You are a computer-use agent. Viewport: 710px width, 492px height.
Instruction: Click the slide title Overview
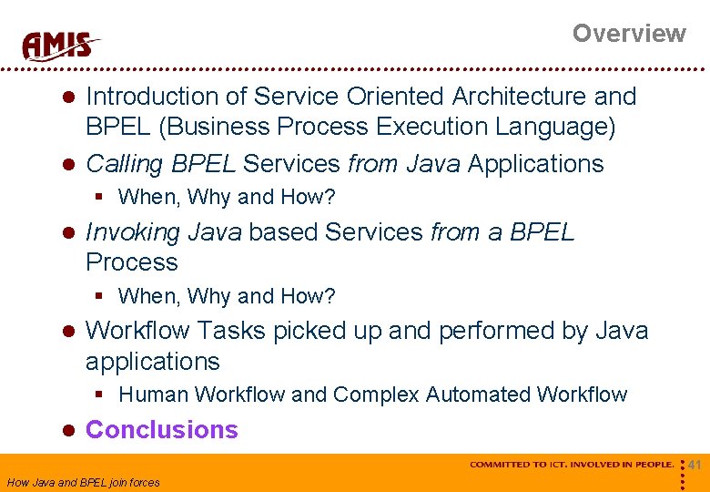pyautogui.click(x=628, y=34)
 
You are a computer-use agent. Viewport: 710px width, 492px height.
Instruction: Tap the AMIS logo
pyautogui.click(x=60, y=45)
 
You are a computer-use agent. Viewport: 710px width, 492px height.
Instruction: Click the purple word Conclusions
pyautogui.click(x=161, y=430)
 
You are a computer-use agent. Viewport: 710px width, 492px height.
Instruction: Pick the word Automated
pyautogui.click(x=479, y=395)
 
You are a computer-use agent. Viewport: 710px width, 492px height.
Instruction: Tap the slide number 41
pyautogui.click(x=695, y=466)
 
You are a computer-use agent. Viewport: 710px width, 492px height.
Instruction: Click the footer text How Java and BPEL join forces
pyautogui.click(x=83, y=483)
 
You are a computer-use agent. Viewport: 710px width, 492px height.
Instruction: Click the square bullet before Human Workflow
pyautogui.click(x=102, y=395)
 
